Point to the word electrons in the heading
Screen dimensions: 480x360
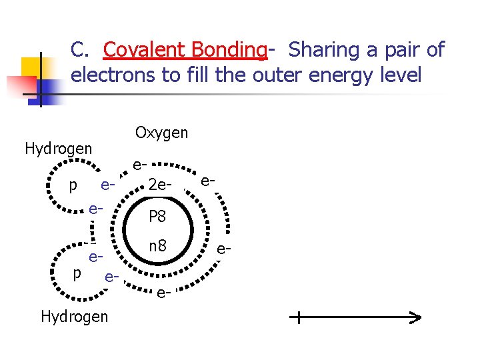[x=113, y=75]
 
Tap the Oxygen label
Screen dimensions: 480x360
[x=161, y=133]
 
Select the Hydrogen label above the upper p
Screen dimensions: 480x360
[x=58, y=148]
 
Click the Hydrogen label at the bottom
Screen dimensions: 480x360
[x=74, y=317]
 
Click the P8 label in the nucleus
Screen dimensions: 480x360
[x=157, y=217]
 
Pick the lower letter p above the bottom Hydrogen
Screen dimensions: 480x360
[x=77, y=273]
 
